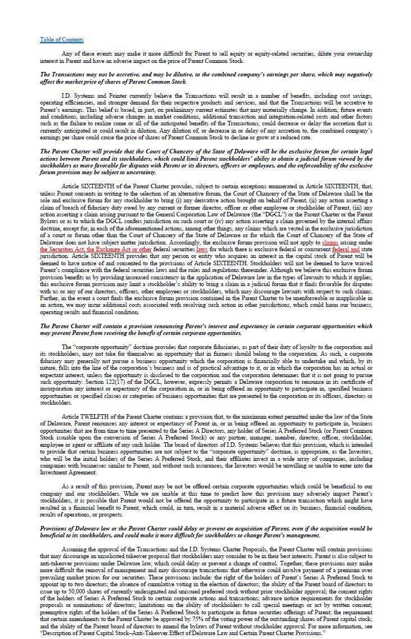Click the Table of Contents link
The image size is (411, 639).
point(61,39)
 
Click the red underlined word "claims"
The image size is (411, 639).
point(330,242)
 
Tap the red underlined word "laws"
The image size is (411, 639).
point(202,248)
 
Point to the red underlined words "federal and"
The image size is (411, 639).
point(345,248)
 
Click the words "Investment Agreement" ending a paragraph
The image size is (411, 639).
point(68,473)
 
